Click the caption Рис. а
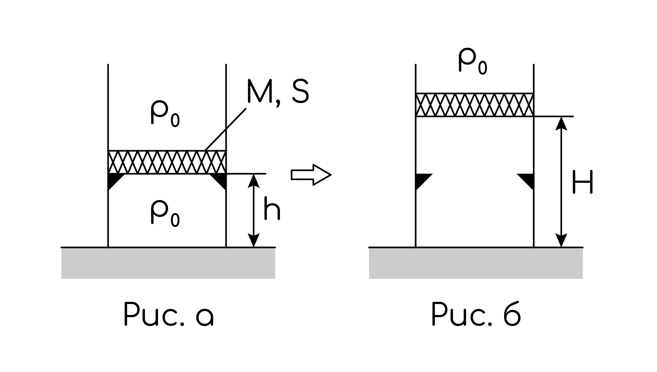click(x=169, y=314)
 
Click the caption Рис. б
click(x=476, y=314)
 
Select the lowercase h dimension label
click(x=272, y=208)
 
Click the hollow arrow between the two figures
click(x=311, y=175)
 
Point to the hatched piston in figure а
click(x=167, y=162)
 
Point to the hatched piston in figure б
click(x=475, y=105)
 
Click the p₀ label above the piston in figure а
click(x=165, y=114)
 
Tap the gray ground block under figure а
click(x=168, y=263)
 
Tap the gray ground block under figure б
click(x=476, y=263)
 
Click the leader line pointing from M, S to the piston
click(x=225, y=129)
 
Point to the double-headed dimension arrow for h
click(x=253, y=211)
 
